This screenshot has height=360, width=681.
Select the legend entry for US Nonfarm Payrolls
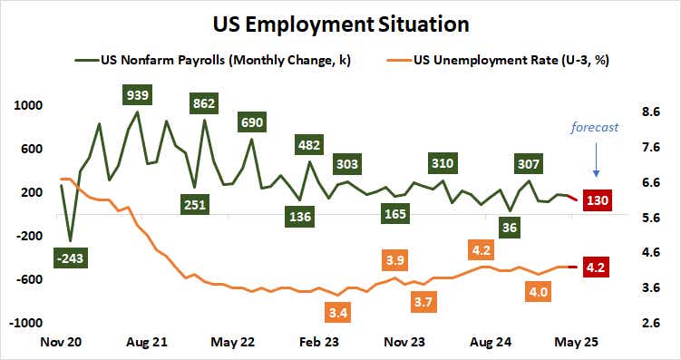(219, 61)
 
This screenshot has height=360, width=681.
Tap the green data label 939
(138, 94)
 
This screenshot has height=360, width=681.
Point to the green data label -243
(69, 260)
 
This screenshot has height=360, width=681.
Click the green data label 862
(203, 103)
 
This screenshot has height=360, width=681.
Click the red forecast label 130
(597, 199)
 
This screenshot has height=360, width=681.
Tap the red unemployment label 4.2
(597, 268)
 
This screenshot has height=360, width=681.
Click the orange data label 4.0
(538, 292)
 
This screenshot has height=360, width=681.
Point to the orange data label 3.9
(395, 260)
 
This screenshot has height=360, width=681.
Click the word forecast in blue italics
(594, 127)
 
